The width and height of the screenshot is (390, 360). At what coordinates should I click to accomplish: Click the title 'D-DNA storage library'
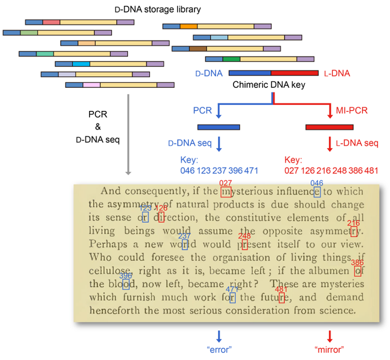[x=157, y=9]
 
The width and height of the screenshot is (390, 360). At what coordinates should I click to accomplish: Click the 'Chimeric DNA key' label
[x=269, y=85]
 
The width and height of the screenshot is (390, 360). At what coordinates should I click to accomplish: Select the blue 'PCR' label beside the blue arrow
[x=202, y=110]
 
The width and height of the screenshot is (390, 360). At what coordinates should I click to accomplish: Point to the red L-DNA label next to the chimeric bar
[x=337, y=73]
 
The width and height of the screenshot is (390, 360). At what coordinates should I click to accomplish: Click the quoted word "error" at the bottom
[x=219, y=350]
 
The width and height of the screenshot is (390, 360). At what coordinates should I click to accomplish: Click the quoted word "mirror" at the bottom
[x=330, y=350]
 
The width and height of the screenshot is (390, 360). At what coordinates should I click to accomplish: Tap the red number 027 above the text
[x=226, y=183]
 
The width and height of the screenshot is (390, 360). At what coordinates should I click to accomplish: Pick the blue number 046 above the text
[x=317, y=183]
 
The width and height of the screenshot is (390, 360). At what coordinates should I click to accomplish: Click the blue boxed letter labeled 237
[x=185, y=245]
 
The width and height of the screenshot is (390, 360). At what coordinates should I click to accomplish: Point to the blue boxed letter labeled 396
[x=126, y=284]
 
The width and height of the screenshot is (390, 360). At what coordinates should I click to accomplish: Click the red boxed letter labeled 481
[x=281, y=297]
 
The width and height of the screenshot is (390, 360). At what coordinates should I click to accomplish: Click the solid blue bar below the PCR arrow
[x=219, y=127]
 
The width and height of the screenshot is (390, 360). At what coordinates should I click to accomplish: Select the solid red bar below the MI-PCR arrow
[x=330, y=127]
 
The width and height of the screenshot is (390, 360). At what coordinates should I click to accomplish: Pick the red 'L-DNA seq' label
[x=356, y=143]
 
